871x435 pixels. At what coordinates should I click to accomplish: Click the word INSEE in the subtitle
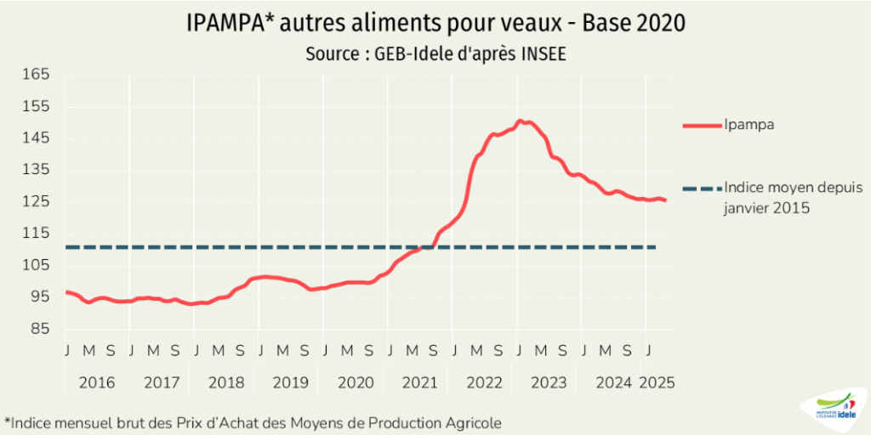[542, 54]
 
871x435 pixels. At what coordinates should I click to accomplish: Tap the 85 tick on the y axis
[40, 329]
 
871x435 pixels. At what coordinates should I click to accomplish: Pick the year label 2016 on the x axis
[97, 382]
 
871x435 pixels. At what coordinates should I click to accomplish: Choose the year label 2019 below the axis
[291, 382]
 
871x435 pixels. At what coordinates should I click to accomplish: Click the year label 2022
[484, 382]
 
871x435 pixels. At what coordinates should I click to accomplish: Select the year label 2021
[419, 382]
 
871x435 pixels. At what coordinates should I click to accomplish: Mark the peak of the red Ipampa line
[520, 121]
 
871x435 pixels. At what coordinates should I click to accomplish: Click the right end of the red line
[666, 201]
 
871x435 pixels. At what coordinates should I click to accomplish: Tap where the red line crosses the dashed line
[430, 247]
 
